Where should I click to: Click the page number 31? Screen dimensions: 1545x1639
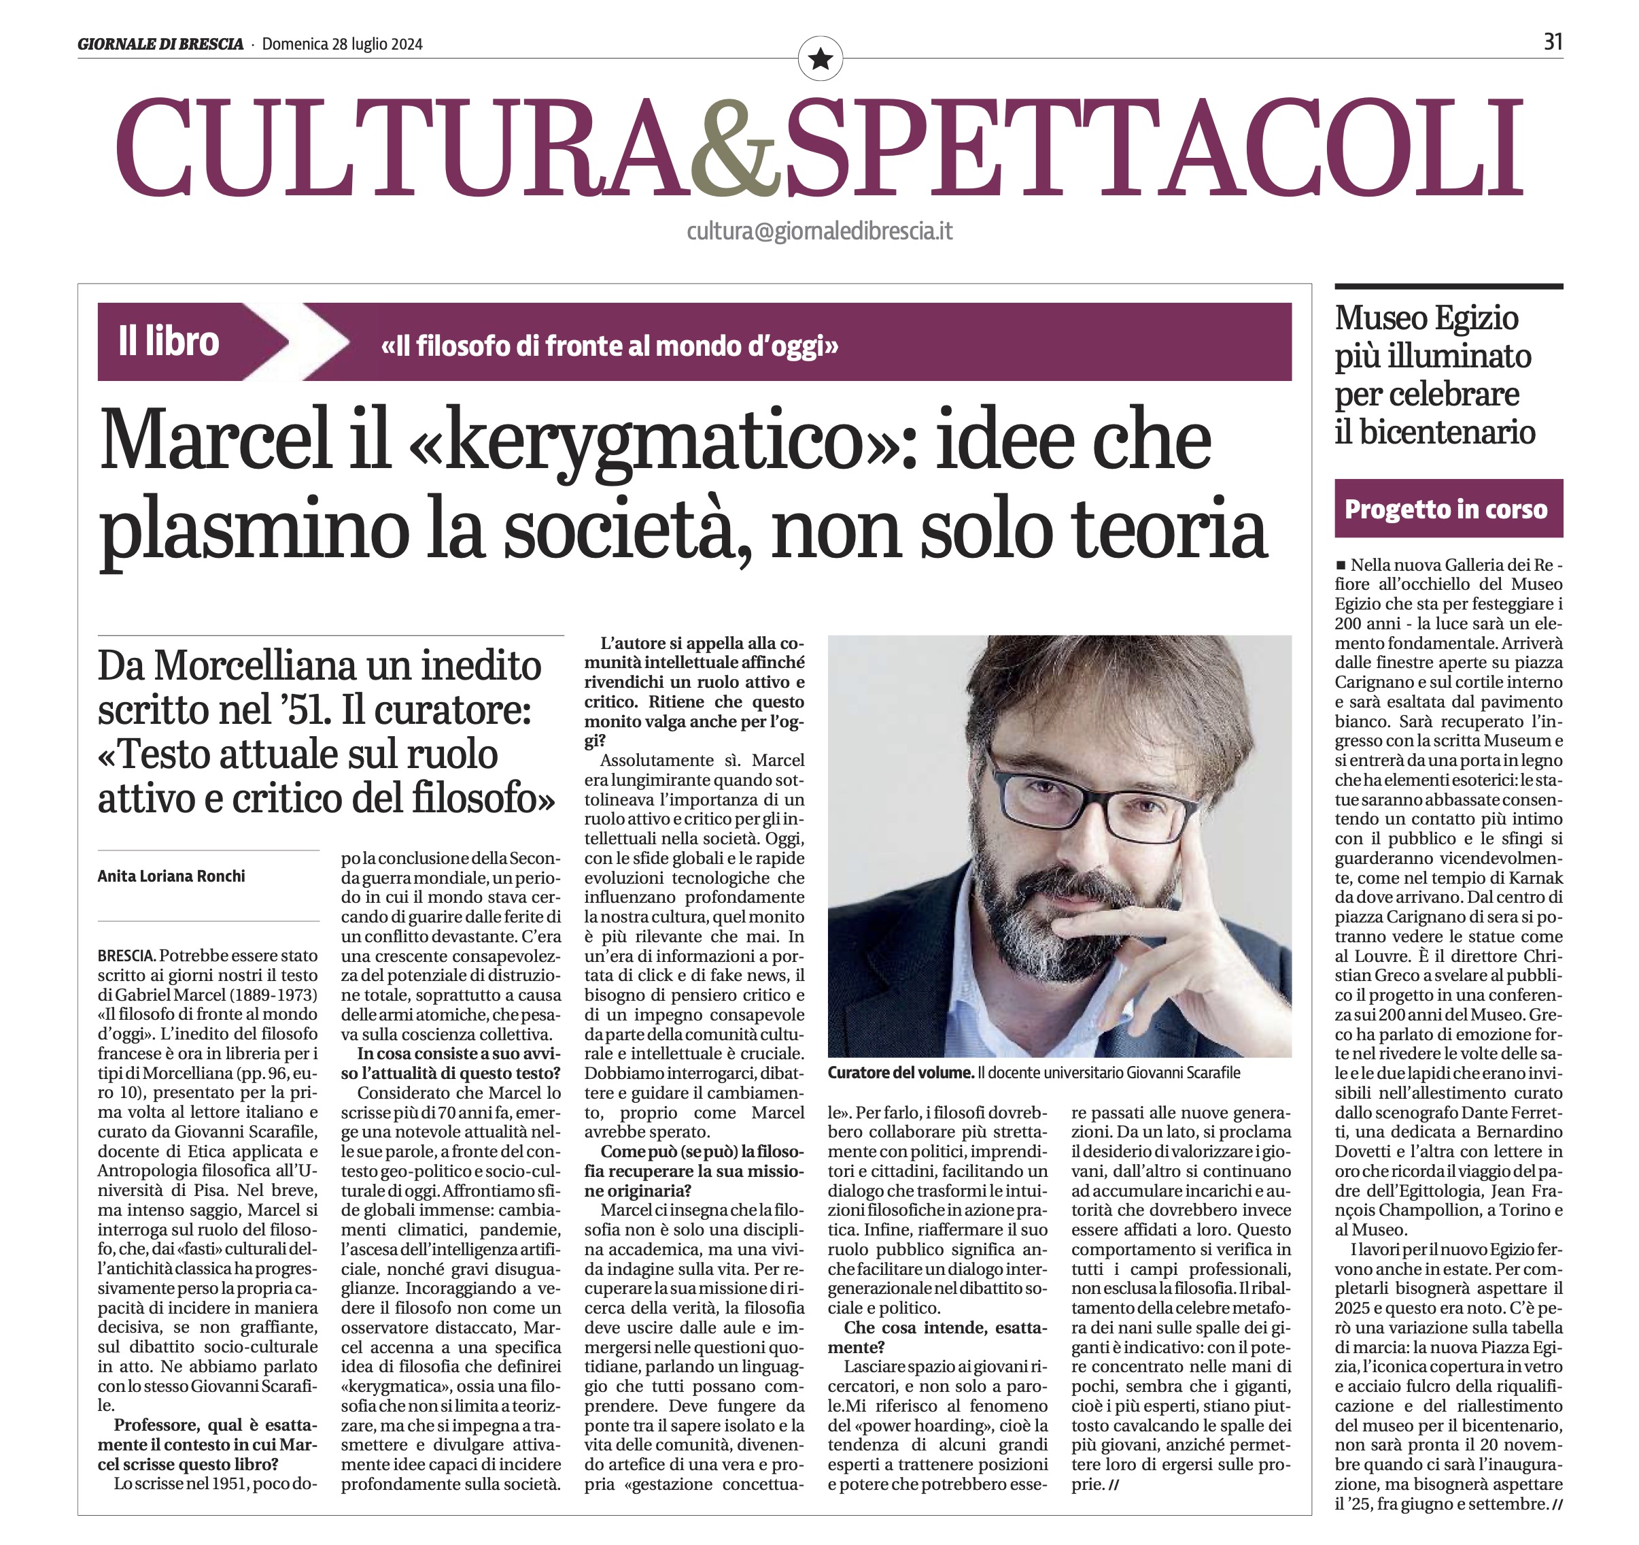pyautogui.click(x=1553, y=42)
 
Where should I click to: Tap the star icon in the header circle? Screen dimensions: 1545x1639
pyautogui.click(x=821, y=59)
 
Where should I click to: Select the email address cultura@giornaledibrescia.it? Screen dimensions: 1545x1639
pyautogui.click(x=820, y=231)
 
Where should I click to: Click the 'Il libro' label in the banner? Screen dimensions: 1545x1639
pyautogui.click(x=169, y=342)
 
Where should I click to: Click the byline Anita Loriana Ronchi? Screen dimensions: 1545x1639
pyautogui.click(x=171, y=876)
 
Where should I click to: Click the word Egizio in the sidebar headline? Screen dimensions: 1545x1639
pyautogui.click(x=1476, y=318)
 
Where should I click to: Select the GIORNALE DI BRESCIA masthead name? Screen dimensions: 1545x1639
pyautogui.click(x=160, y=44)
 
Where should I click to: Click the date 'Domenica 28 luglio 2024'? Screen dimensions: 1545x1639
pyautogui.click(x=342, y=44)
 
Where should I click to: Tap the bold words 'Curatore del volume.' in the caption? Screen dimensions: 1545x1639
pyautogui.click(x=900, y=1072)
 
